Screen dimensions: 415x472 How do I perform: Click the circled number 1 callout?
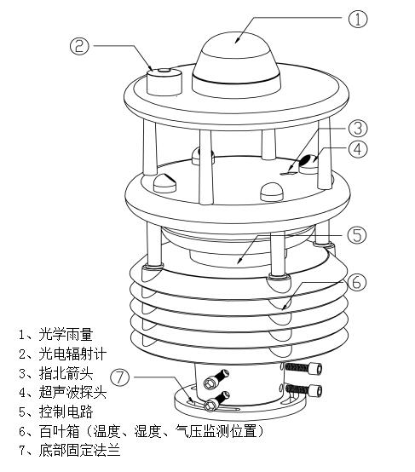pos(358,19)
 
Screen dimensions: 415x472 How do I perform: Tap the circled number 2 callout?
pos(79,46)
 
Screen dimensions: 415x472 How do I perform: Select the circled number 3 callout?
pos(358,128)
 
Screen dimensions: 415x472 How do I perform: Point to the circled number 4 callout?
pos(358,149)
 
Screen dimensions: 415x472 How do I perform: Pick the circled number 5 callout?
pos(357,234)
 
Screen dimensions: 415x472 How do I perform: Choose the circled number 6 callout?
pos(356,282)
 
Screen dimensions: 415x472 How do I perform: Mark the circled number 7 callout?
pos(120,377)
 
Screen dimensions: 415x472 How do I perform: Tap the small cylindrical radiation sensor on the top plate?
pos(164,82)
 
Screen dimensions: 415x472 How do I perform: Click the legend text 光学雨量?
pos(66,335)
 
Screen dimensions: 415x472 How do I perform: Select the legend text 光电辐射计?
pos(72,354)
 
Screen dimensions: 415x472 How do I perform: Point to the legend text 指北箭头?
pos(66,373)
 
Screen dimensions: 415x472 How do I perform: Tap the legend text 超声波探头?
pos(72,393)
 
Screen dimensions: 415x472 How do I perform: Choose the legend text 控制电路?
pos(66,412)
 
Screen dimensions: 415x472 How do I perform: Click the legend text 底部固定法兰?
pos(79,451)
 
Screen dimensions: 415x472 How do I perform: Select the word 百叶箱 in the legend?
pos(59,431)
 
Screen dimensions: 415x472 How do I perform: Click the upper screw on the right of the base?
pos(303,368)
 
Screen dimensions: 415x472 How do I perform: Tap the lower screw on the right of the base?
pos(303,390)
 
